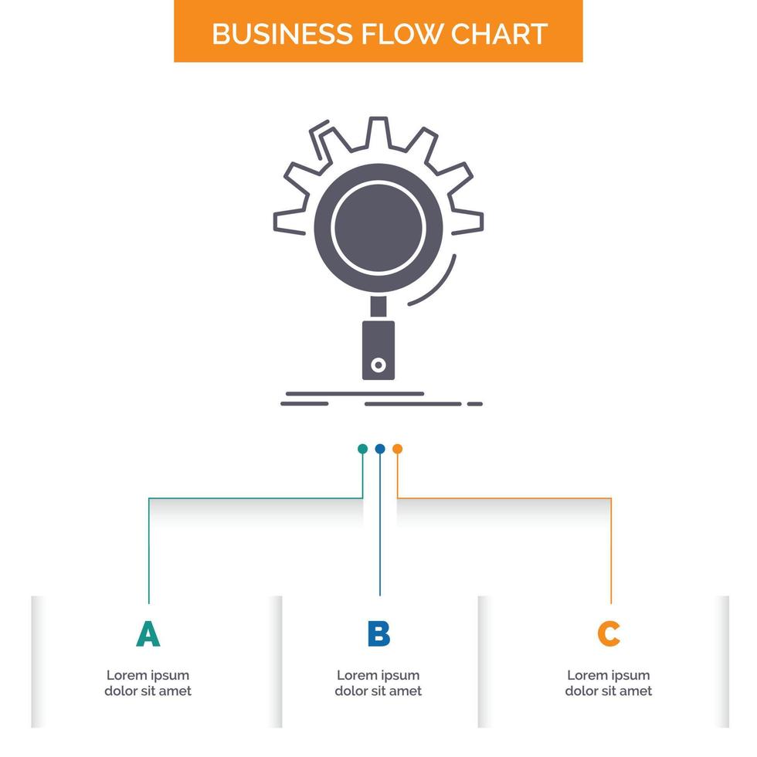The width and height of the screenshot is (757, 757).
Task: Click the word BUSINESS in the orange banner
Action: pyautogui.click(x=281, y=34)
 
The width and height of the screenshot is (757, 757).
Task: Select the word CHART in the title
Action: pyautogui.click(x=501, y=34)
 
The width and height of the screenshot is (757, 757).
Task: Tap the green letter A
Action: pyautogui.click(x=148, y=633)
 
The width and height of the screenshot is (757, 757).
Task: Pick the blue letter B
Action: pyautogui.click(x=378, y=633)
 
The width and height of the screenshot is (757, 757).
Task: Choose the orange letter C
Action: pyautogui.click(x=609, y=633)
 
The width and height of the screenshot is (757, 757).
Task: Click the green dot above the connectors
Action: pyautogui.click(x=362, y=449)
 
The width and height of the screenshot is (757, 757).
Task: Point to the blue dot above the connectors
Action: pyautogui.click(x=379, y=449)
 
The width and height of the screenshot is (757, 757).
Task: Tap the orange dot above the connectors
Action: pyautogui.click(x=397, y=449)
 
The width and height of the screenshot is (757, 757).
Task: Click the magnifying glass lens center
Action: pyautogui.click(x=378, y=227)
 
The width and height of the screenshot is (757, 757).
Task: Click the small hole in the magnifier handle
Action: pyautogui.click(x=378, y=365)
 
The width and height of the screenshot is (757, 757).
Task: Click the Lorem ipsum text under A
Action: pyautogui.click(x=148, y=683)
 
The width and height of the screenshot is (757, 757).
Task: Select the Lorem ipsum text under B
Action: pyautogui.click(x=378, y=683)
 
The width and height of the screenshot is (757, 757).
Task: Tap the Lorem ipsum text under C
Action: pyautogui.click(x=609, y=683)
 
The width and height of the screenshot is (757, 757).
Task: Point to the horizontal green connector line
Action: pyautogui.click(x=255, y=498)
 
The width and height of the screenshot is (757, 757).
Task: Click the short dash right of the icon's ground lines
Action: pyautogui.click(x=475, y=403)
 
